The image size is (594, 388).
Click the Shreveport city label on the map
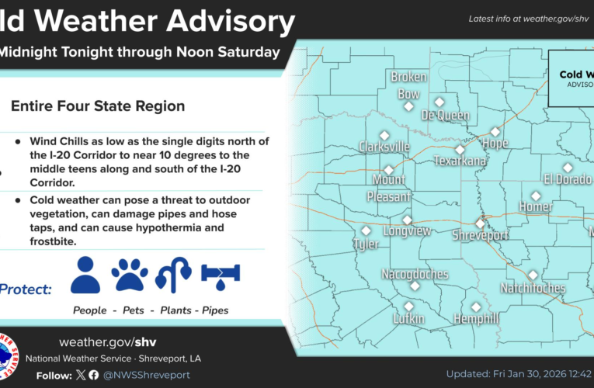(x=481, y=234)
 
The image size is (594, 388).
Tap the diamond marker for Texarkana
(x=460, y=150)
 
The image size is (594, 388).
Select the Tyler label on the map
(x=366, y=244)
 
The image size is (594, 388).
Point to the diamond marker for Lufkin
(x=409, y=306)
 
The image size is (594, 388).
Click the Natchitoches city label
(x=533, y=288)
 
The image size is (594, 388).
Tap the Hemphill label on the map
(x=475, y=319)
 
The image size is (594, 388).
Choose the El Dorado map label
(x=567, y=179)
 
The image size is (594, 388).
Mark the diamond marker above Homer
(x=536, y=196)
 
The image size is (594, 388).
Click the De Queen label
(x=445, y=115)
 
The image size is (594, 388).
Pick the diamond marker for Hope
(x=495, y=132)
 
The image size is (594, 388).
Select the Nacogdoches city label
(x=415, y=274)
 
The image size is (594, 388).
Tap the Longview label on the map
(x=407, y=230)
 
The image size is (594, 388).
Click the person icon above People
(x=85, y=275)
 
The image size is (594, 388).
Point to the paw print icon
(x=130, y=275)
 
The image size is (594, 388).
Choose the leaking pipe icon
(x=221, y=275)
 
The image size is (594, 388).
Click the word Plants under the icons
(x=176, y=310)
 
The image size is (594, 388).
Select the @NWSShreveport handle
(x=146, y=375)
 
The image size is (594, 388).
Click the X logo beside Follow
(x=81, y=375)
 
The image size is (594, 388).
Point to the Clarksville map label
(x=384, y=146)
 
